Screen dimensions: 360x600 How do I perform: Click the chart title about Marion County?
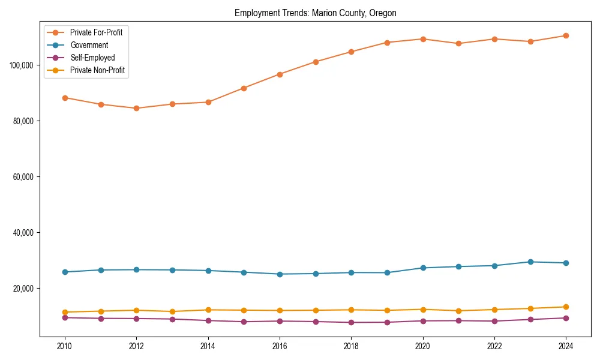click(x=315, y=13)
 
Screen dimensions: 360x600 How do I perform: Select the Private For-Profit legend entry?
click(x=96, y=32)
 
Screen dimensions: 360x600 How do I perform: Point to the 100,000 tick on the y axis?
click(x=22, y=65)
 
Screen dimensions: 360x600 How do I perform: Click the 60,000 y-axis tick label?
click(x=23, y=177)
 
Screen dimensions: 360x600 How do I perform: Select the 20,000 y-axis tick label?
click(x=23, y=289)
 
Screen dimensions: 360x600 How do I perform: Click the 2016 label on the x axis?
click(x=280, y=346)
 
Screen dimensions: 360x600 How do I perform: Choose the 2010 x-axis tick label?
click(x=65, y=346)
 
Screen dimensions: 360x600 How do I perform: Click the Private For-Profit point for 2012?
click(x=136, y=109)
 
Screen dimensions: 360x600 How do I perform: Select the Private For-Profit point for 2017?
click(x=316, y=62)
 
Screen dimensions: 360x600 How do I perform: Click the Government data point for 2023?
click(x=530, y=262)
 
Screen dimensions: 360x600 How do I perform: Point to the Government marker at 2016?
click(x=280, y=274)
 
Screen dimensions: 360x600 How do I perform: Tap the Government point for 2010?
click(x=65, y=272)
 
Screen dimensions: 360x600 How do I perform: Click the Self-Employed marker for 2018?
click(x=351, y=323)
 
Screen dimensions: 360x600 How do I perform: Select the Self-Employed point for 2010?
click(x=65, y=317)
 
